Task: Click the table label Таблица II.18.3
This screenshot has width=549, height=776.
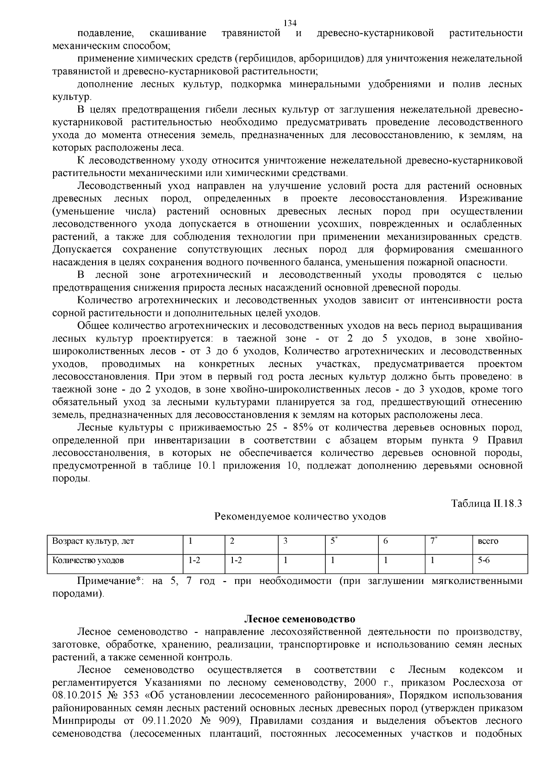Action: [x=486, y=503]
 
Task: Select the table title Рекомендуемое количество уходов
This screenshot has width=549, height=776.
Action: [x=300, y=517]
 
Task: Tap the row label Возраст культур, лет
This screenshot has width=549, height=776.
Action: [x=93, y=541]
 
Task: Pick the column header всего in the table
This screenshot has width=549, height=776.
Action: [x=487, y=541]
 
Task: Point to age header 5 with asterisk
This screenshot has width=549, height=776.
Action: [x=334, y=541]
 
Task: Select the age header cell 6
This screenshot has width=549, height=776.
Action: [x=386, y=541]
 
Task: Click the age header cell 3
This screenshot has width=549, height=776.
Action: [x=285, y=541]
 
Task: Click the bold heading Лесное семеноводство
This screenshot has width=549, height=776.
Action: [x=300, y=619]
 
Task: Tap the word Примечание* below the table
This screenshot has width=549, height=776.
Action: [x=112, y=581]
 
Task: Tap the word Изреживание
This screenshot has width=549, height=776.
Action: [x=491, y=198]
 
